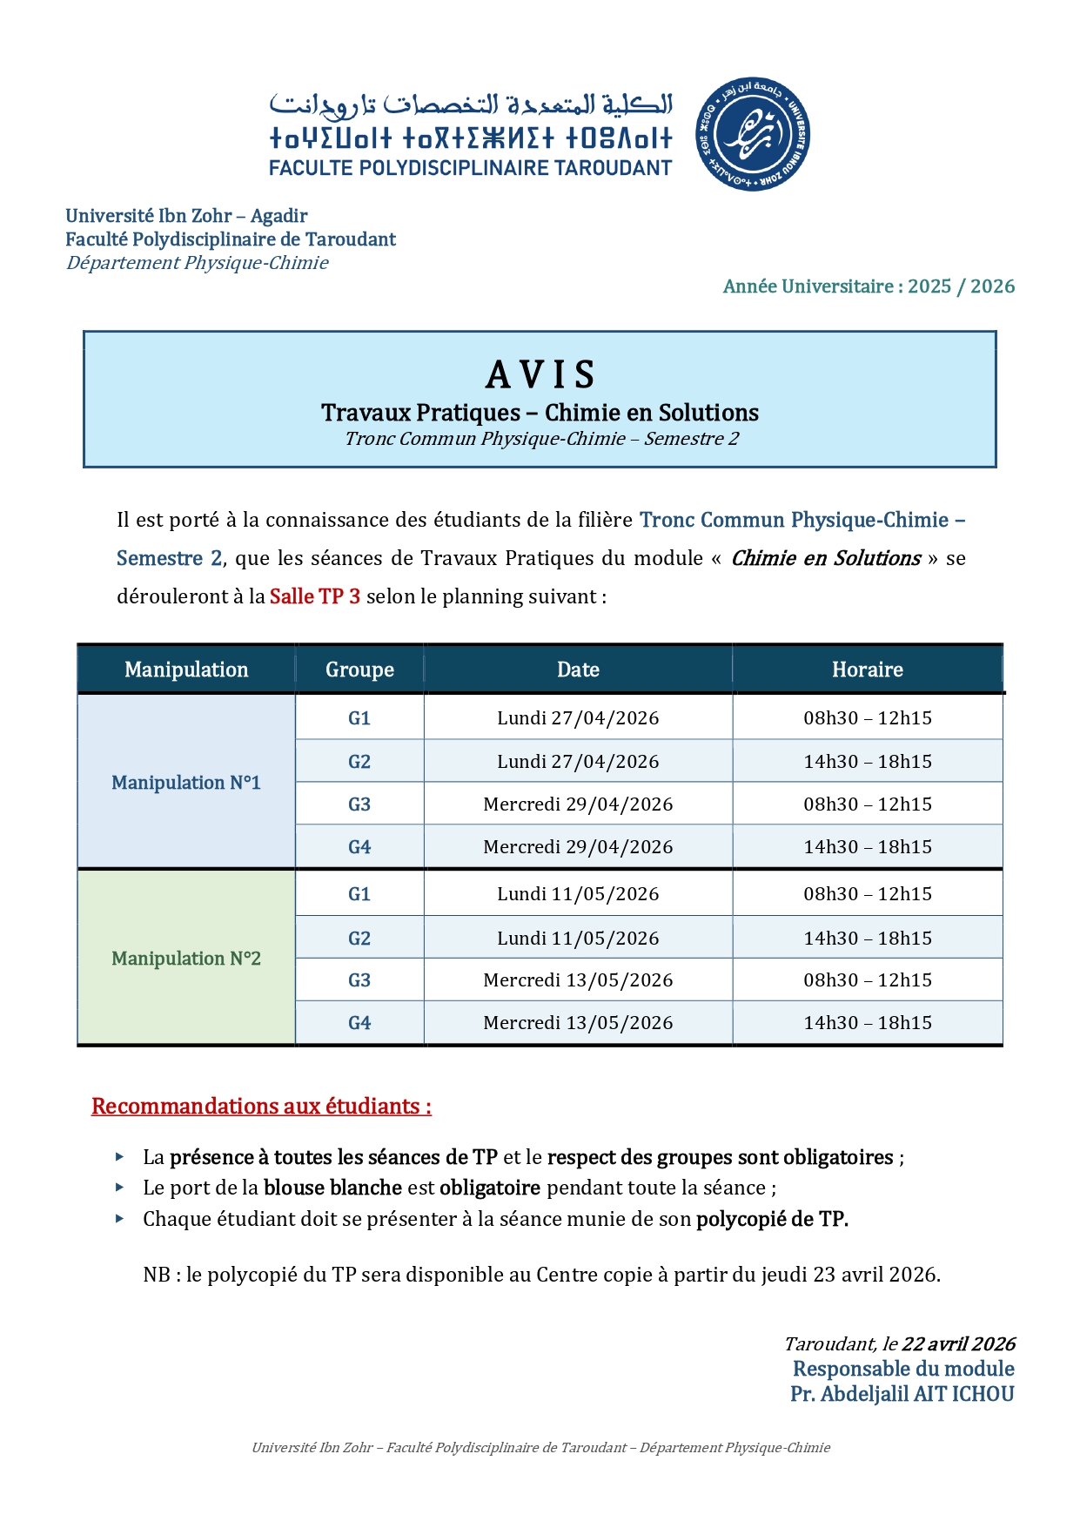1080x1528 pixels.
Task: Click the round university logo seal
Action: (753, 133)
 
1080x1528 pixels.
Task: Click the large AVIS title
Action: (540, 375)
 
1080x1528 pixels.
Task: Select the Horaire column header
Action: (867, 670)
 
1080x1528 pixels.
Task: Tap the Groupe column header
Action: (359, 670)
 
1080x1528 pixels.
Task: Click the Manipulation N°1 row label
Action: (186, 783)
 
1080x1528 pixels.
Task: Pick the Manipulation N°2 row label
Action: (186, 959)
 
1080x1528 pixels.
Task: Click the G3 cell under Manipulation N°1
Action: (359, 804)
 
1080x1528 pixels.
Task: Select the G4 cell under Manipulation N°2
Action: (359, 1023)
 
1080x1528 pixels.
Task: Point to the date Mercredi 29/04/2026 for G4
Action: (578, 847)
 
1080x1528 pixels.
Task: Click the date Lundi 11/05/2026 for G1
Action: (578, 894)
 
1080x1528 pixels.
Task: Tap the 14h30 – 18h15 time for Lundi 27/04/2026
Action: (867, 762)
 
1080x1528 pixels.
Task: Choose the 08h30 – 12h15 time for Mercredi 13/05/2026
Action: (867, 980)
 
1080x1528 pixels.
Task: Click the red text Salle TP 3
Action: (314, 596)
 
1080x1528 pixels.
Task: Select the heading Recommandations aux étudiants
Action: (261, 1106)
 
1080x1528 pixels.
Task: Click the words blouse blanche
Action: (332, 1188)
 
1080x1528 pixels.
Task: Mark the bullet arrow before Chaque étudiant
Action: (120, 1218)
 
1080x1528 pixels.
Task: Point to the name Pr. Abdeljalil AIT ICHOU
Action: (902, 1394)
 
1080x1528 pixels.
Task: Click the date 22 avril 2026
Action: (958, 1343)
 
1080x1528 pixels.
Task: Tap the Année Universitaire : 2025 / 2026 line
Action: (869, 286)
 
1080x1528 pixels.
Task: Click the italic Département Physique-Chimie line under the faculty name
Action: (198, 263)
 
